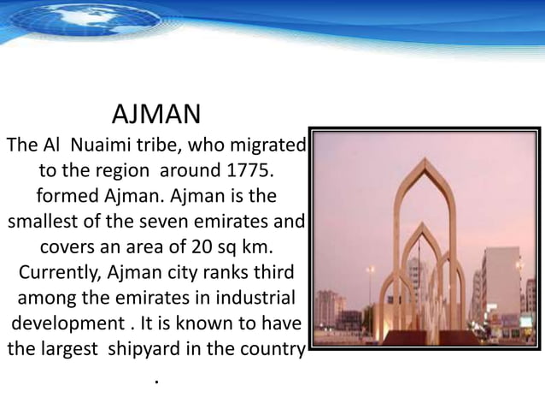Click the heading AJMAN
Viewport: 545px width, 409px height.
coord(156,114)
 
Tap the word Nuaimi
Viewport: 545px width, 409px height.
coord(91,145)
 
